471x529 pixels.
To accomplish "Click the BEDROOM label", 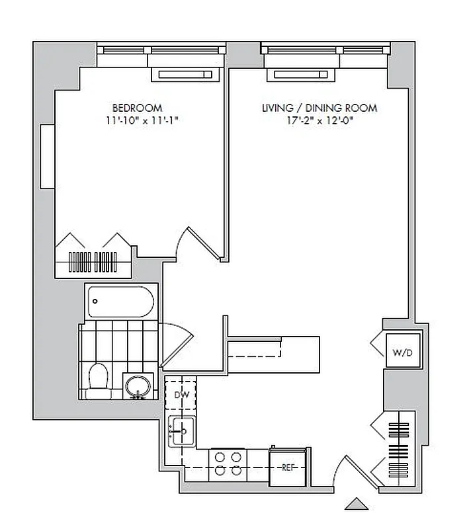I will tap(136, 108).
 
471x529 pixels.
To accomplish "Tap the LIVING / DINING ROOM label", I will tap(320, 108).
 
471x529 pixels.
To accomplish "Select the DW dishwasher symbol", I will tap(181, 395).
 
